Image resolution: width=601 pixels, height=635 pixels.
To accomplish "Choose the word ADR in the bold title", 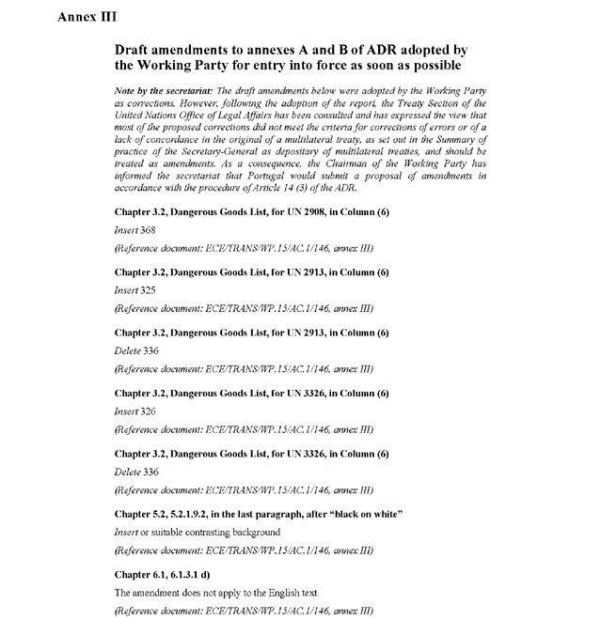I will pyautogui.click(x=353, y=49).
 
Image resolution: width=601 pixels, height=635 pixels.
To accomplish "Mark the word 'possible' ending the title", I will pyautogui.click(x=431, y=66).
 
